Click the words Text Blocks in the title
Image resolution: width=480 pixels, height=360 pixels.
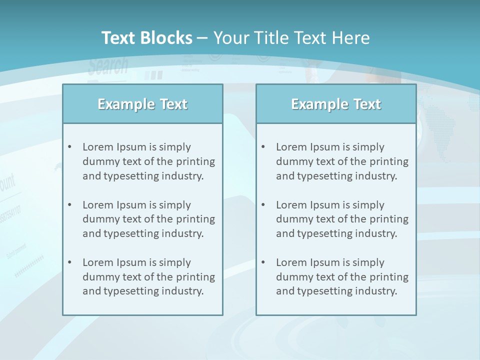pos(147,38)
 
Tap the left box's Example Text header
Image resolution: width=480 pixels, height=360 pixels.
pos(142,104)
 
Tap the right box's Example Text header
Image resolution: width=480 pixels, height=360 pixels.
pos(336,104)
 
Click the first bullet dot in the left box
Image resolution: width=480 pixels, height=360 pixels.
pos(70,147)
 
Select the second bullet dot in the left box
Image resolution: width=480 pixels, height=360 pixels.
pos(70,205)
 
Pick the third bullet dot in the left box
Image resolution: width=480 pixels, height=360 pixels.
pos(70,262)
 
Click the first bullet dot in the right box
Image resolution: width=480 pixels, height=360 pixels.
pos(263,147)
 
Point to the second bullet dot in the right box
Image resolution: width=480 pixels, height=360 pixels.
pos(263,205)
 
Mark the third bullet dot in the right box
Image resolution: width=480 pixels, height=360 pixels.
pos(263,262)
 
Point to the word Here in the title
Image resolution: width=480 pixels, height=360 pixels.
pos(353,38)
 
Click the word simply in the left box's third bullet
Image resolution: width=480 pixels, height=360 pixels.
pos(175,262)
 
